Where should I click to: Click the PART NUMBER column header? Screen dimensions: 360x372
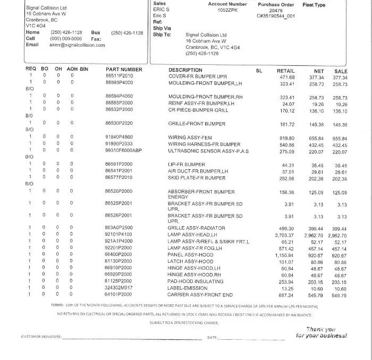point(124,70)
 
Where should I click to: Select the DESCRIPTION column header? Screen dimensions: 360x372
point(185,70)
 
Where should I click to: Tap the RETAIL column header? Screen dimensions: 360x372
point(286,70)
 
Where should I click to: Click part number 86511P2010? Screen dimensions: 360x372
point(119,76)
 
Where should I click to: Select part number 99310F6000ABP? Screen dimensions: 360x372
point(124,151)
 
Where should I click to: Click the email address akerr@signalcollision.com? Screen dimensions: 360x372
point(77,45)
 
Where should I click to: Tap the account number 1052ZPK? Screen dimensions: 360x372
point(228,10)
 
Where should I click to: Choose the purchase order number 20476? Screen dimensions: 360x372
point(276,10)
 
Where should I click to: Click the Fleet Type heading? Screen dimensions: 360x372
point(314,5)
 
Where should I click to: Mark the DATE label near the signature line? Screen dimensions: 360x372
point(212,338)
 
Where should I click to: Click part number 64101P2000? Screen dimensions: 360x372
point(119,295)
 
